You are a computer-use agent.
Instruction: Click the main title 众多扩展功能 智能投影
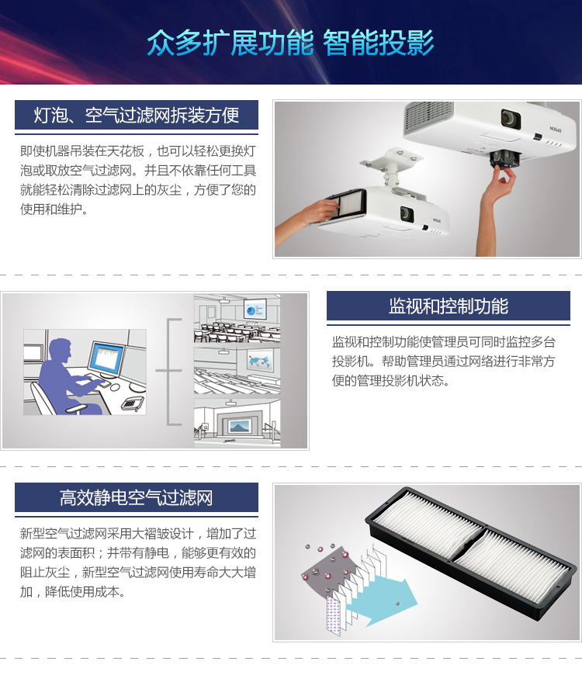pos(290,43)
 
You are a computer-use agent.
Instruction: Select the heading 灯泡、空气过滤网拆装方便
pos(136,116)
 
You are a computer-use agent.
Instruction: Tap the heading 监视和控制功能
pos(449,306)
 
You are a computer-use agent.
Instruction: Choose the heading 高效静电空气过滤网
pos(136,497)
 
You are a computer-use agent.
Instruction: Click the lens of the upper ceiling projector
pos(511,118)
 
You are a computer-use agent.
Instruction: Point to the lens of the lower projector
pos(407,213)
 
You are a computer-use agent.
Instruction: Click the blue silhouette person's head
pos(60,350)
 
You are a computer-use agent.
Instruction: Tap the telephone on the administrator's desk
pos(132,403)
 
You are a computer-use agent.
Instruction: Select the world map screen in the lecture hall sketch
pos(261,361)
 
